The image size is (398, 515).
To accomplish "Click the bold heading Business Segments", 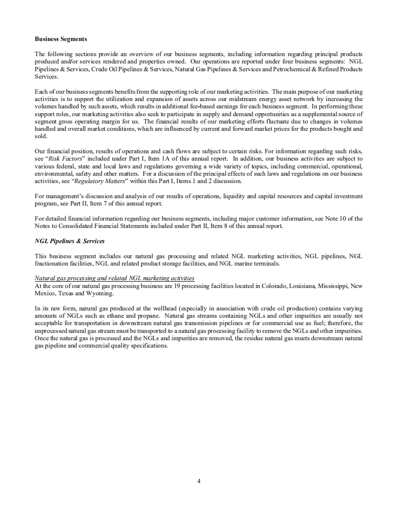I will [61, 39].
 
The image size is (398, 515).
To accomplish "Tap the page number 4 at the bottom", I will [199, 481].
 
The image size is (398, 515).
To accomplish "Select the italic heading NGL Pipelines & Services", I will [69, 241].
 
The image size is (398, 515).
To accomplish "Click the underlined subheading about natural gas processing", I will [114, 278].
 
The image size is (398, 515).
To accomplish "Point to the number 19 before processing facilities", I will [178, 286].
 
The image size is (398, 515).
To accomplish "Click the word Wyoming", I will [100, 293].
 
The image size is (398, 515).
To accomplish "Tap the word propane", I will [140, 316].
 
